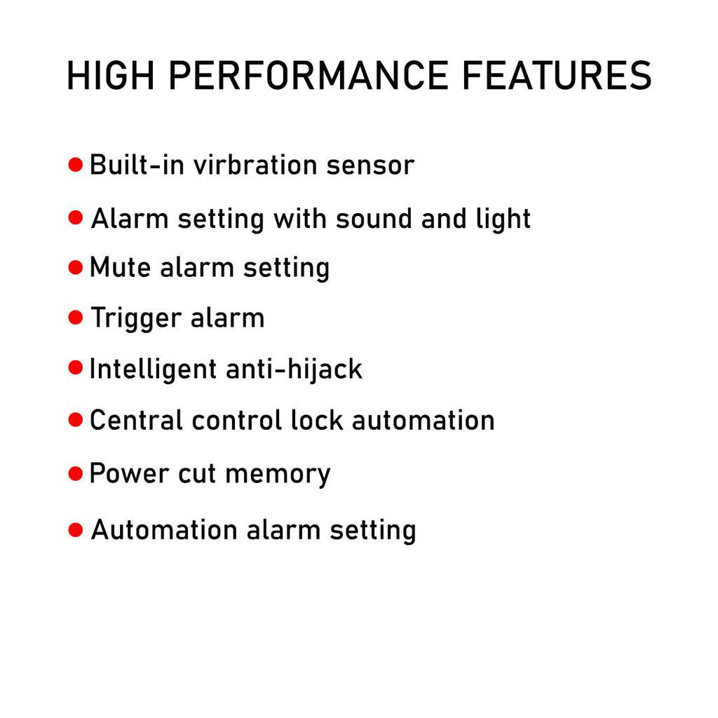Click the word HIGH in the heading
click(x=110, y=76)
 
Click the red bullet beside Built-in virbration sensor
click(x=76, y=164)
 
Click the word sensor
click(x=370, y=165)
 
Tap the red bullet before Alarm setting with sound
click(x=76, y=217)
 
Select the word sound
click(x=374, y=219)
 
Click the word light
click(x=503, y=219)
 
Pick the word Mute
click(x=120, y=267)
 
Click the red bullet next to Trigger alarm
click(x=76, y=317)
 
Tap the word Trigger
click(x=136, y=318)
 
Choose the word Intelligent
click(x=153, y=370)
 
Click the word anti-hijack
click(x=294, y=370)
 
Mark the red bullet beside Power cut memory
click(x=76, y=473)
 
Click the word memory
click(x=278, y=475)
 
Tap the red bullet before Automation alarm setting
click(x=76, y=530)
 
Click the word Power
click(x=129, y=473)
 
